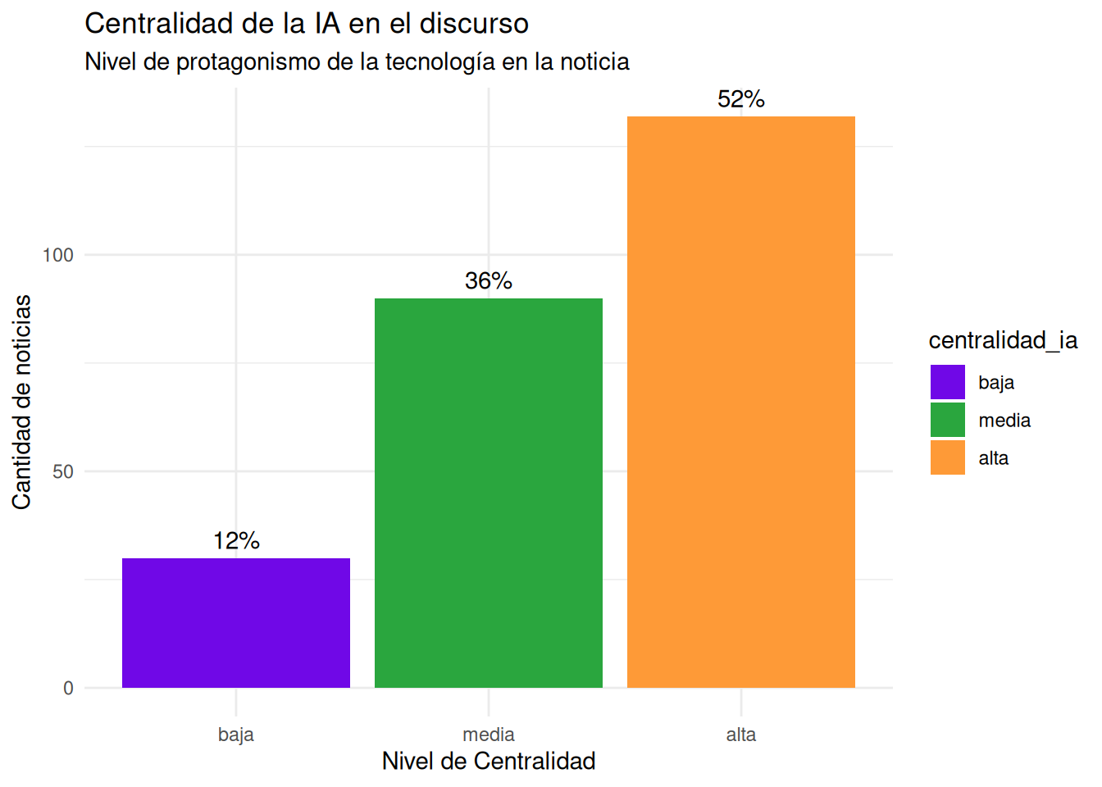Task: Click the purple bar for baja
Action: [x=236, y=623]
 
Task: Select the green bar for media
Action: [x=489, y=493]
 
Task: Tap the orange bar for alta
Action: [x=741, y=402]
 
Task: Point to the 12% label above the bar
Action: [x=236, y=541]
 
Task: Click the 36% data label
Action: [x=489, y=281]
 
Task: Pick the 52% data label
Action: [x=741, y=99]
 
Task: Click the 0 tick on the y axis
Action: [x=69, y=689]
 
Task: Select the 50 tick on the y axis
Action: [x=63, y=472]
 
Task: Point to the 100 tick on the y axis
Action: [x=58, y=256]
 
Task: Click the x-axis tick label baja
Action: [x=236, y=735]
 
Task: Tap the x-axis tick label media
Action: [x=489, y=735]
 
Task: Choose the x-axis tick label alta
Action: [x=741, y=735]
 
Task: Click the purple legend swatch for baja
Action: [x=948, y=382]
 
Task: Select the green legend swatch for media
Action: [x=948, y=420]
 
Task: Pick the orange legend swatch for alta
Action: [x=948, y=457]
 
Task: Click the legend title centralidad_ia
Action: [x=1003, y=340]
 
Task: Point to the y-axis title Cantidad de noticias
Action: [x=22, y=402]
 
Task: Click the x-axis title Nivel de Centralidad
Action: [x=489, y=762]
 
